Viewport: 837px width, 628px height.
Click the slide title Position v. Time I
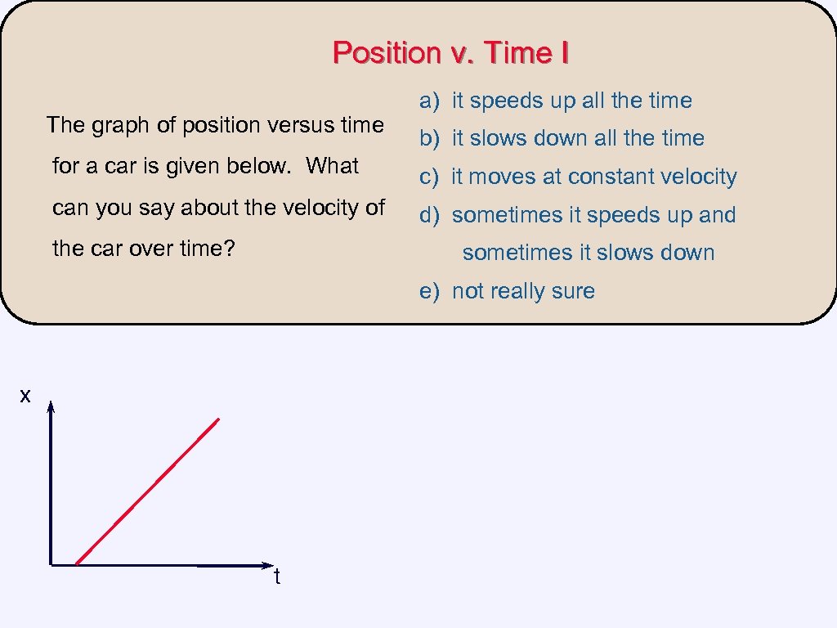click(x=450, y=53)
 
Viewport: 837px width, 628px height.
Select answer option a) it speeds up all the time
click(x=556, y=101)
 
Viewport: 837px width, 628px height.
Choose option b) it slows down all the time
click(x=562, y=138)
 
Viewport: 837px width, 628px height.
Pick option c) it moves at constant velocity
click(x=578, y=177)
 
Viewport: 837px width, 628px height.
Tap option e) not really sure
click(x=507, y=291)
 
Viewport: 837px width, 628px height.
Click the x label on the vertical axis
click(x=25, y=397)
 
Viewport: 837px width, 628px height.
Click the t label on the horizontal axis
click(x=277, y=577)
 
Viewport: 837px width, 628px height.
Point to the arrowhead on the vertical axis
click(x=51, y=407)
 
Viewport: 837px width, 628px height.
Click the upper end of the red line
click(x=218, y=419)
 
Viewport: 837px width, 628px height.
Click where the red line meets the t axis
click(x=76, y=564)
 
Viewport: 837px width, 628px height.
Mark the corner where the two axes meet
click(x=51, y=564)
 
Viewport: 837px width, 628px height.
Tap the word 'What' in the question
click(x=333, y=166)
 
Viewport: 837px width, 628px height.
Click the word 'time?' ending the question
click(x=208, y=249)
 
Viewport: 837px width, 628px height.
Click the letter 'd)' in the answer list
click(x=429, y=215)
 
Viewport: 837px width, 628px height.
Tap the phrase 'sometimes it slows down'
click(x=589, y=253)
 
